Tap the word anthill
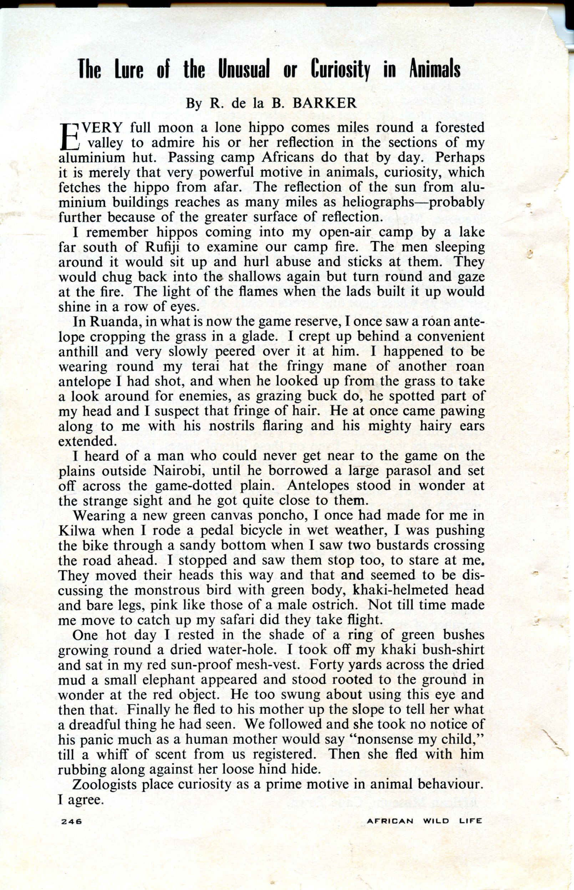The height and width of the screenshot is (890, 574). point(78,351)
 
